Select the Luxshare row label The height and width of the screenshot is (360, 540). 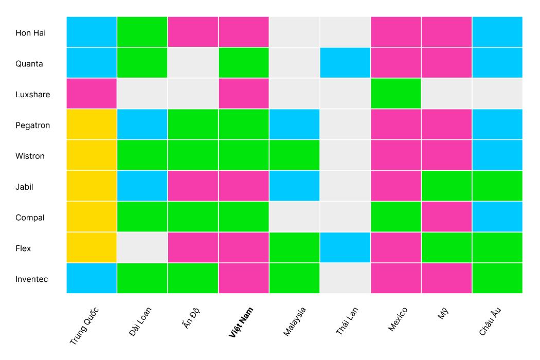click(x=32, y=95)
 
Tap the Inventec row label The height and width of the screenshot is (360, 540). click(x=31, y=279)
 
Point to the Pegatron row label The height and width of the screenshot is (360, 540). click(x=32, y=125)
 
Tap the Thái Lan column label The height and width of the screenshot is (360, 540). click(x=347, y=321)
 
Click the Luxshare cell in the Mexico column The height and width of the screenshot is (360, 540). click(x=395, y=94)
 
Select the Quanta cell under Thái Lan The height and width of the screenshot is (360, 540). click(x=345, y=63)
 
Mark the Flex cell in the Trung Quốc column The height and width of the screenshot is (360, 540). click(x=92, y=247)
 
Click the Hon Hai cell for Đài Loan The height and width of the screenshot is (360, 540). click(x=142, y=32)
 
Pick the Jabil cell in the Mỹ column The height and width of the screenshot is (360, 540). click(x=446, y=186)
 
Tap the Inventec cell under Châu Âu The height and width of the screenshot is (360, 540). click(x=497, y=278)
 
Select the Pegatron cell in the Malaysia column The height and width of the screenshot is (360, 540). click(x=294, y=124)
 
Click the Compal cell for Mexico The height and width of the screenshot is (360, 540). click(x=395, y=217)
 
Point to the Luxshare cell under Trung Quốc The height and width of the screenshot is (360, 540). click(x=92, y=94)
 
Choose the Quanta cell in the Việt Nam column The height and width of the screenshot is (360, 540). click(x=244, y=63)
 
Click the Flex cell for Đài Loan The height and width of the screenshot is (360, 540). click(x=142, y=247)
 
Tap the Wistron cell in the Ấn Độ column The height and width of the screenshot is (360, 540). click(x=193, y=155)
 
